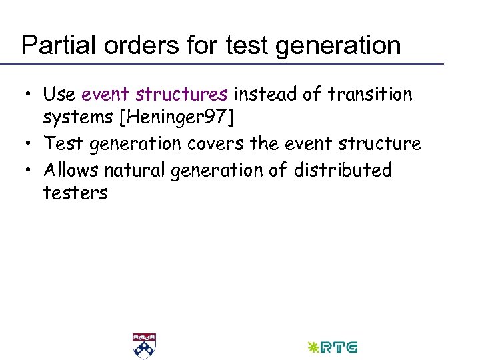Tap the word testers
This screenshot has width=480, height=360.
(x=75, y=193)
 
